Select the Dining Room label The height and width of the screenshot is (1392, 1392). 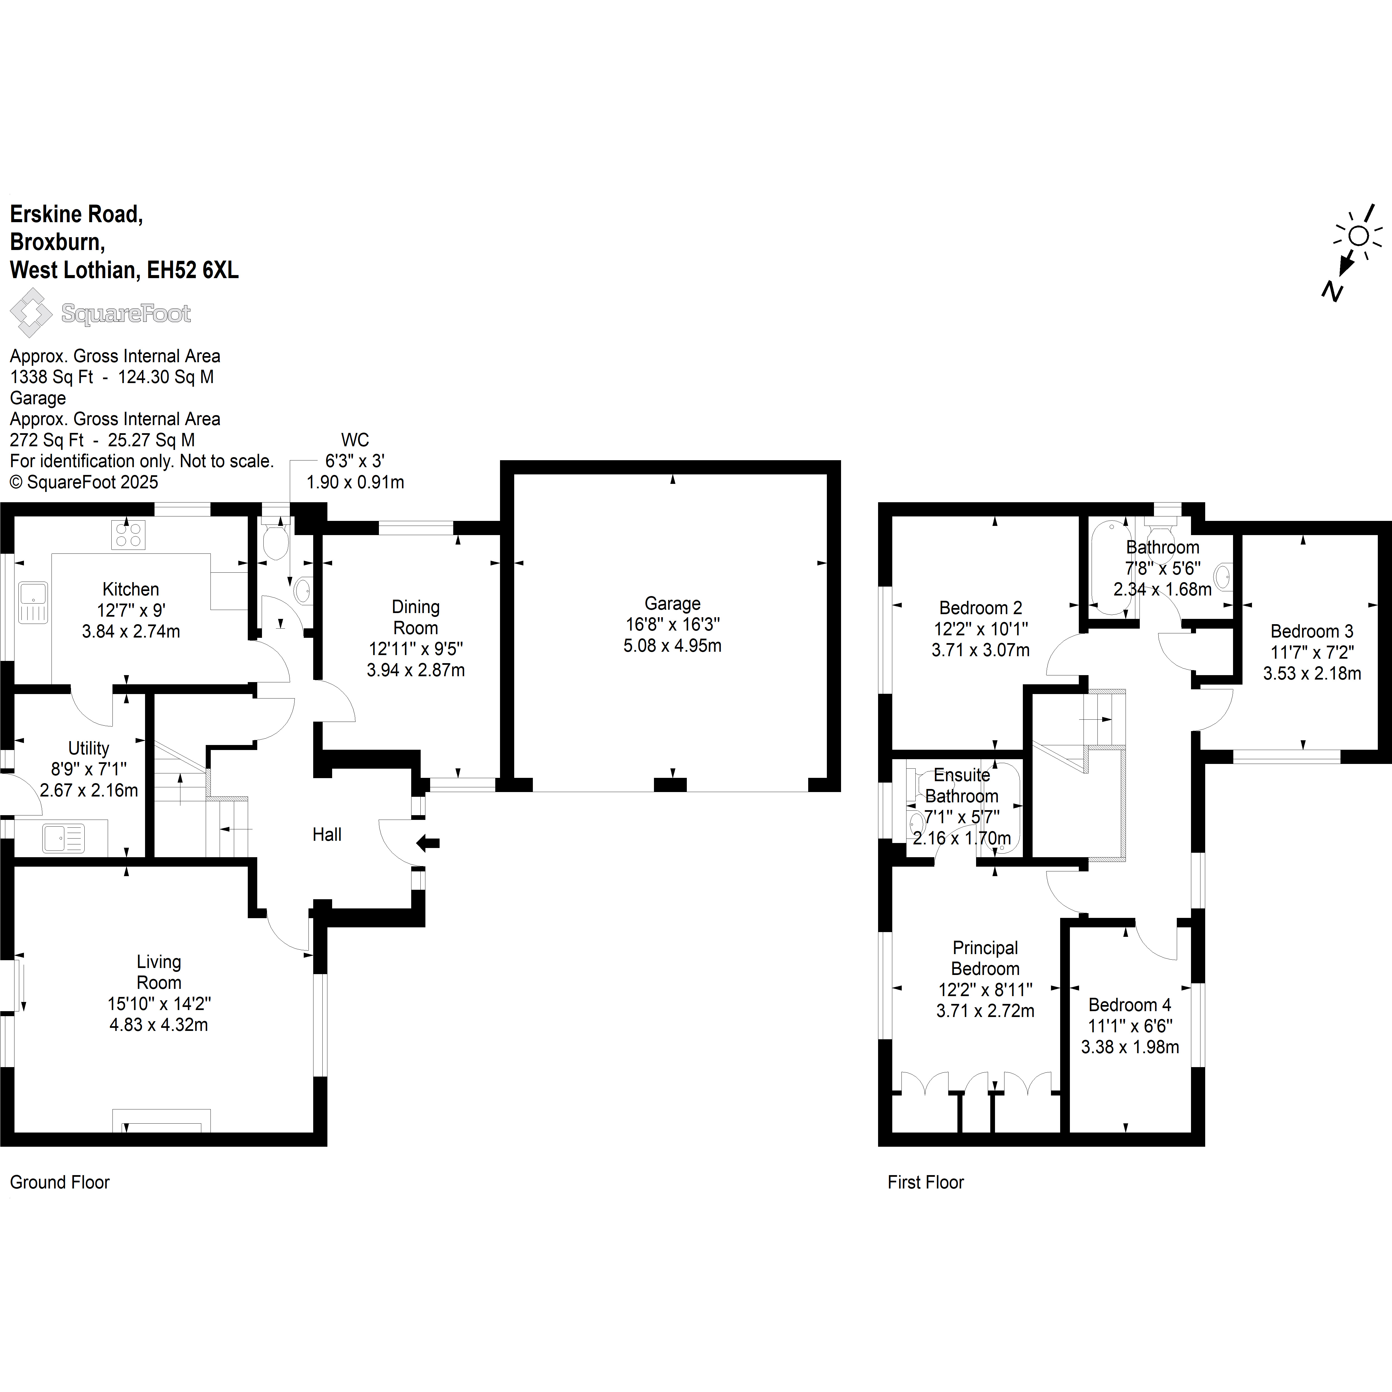(416, 617)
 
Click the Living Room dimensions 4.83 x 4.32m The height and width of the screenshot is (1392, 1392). (158, 1025)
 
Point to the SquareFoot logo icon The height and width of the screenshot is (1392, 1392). (30, 313)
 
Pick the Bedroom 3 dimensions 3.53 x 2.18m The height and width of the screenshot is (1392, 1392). (1312, 674)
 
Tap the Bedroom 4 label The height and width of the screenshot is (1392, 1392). (1130, 1005)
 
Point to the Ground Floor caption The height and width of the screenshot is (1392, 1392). (60, 1182)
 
